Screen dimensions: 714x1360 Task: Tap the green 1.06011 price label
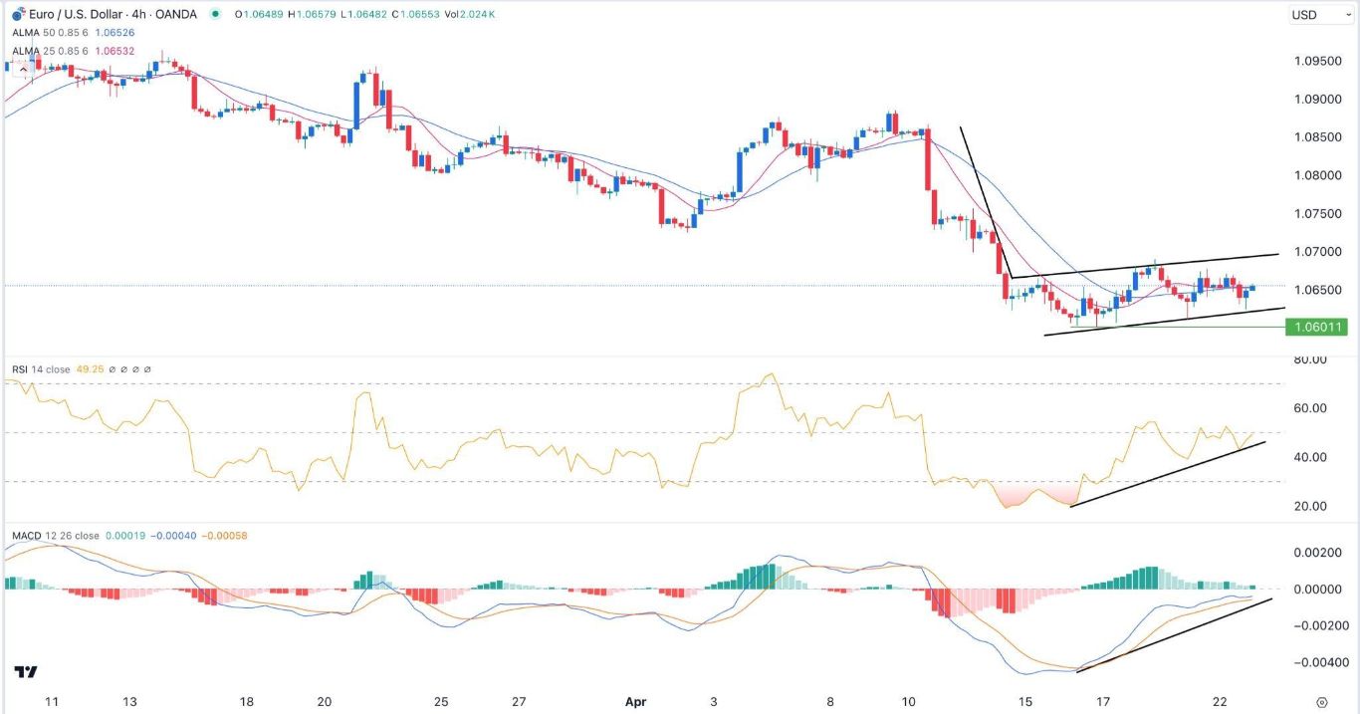[x=1316, y=327]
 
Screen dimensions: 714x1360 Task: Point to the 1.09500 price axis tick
[x=1317, y=61]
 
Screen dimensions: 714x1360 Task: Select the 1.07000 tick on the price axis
[x=1317, y=252]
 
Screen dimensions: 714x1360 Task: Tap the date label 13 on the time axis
[x=129, y=701]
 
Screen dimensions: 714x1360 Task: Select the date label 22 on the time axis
[x=1219, y=701]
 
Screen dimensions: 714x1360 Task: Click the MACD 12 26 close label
[x=56, y=536]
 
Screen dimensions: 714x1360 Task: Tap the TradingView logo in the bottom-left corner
[x=26, y=673]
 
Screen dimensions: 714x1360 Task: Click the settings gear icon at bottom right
[x=1321, y=701]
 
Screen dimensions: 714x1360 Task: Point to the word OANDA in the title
[x=175, y=14]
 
